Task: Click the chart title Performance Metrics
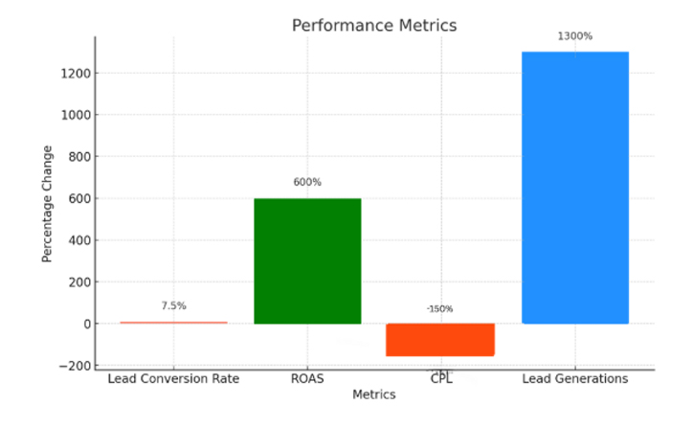click(x=374, y=26)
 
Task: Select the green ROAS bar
click(x=307, y=260)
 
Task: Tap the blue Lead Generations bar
click(x=574, y=188)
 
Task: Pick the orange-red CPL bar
click(x=440, y=340)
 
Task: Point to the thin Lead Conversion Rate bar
click(x=173, y=323)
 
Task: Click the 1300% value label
click(x=574, y=36)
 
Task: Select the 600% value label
click(x=307, y=182)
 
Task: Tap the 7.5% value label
click(x=173, y=306)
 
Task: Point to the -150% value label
click(x=440, y=309)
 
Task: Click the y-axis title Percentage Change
click(x=47, y=204)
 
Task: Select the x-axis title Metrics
click(x=374, y=394)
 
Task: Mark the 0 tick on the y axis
click(x=86, y=324)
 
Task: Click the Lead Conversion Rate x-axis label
click(x=173, y=379)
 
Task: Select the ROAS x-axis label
click(x=307, y=379)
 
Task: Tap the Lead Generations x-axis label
click(x=574, y=379)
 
